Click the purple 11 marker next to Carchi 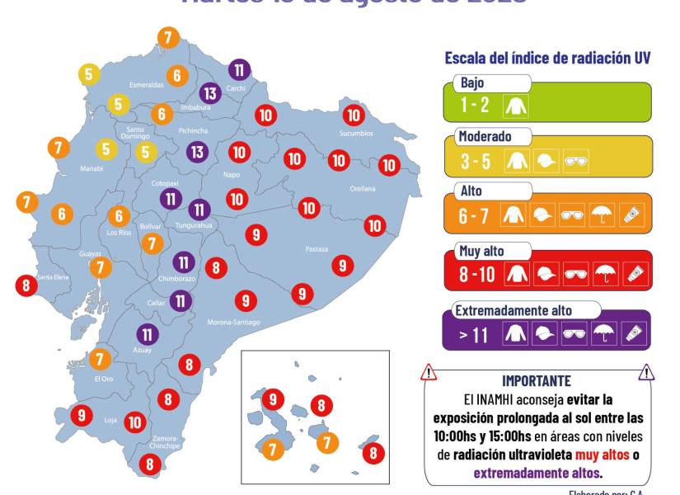pos(239,69)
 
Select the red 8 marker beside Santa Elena pos(26,285)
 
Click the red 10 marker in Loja pos(136,422)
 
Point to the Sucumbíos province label pos(356,133)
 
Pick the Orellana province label pos(363,188)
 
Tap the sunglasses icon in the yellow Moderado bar pos(574,162)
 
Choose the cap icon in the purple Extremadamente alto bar pos(545,332)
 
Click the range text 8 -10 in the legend pos(477,274)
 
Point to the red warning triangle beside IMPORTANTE pos(429,373)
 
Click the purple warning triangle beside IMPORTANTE pos(647,373)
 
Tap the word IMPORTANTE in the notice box pos(537,380)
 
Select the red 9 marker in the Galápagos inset pos(273,399)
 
